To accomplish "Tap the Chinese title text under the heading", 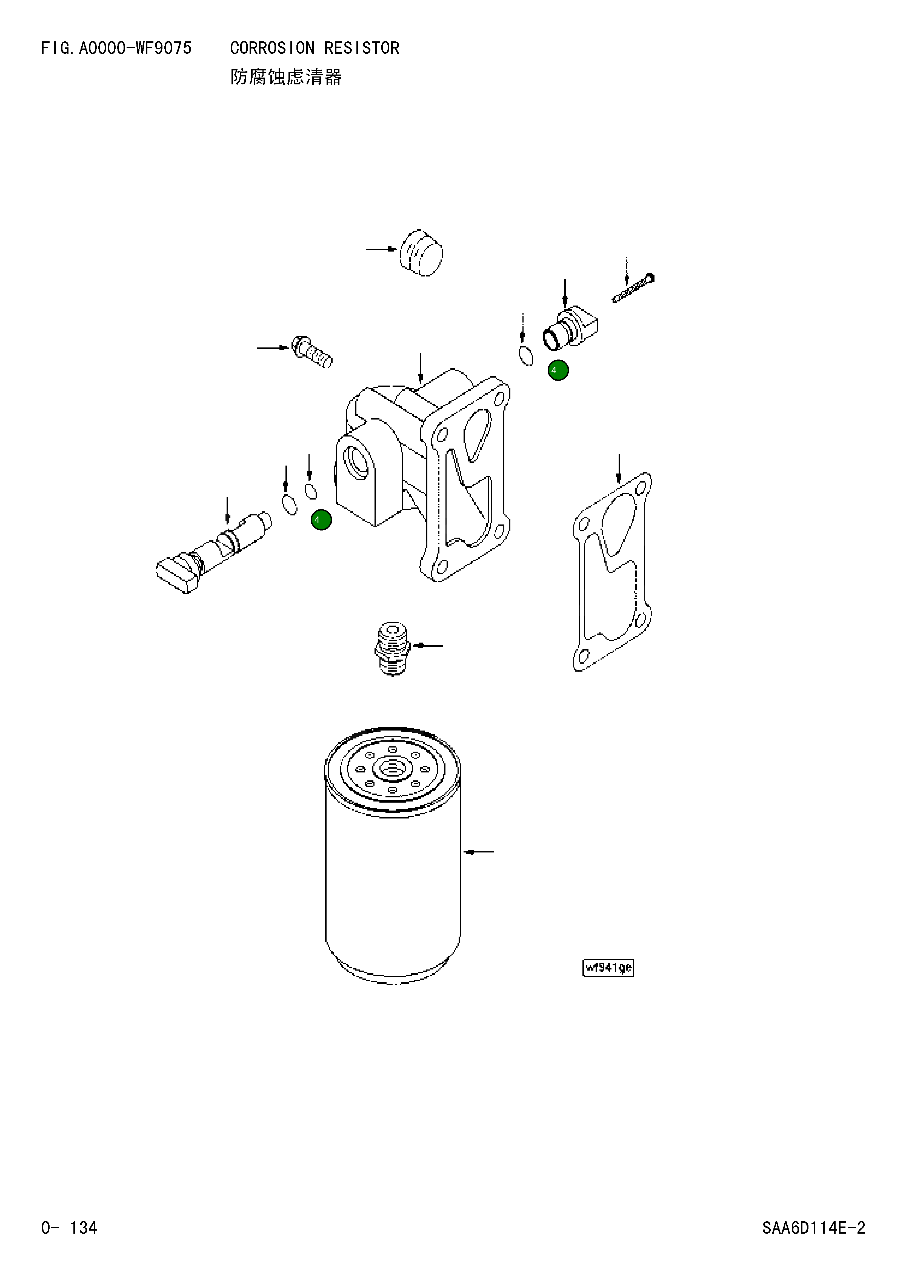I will (x=286, y=77).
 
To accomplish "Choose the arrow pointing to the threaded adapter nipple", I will (x=428, y=646).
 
